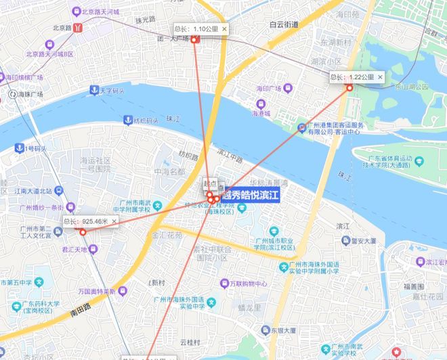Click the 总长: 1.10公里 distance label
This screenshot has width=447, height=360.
click(196, 29)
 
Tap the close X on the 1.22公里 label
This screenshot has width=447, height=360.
click(380, 77)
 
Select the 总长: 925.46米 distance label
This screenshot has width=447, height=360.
click(87, 221)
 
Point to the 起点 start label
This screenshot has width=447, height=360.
click(211, 183)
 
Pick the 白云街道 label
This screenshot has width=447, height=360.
click(284, 24)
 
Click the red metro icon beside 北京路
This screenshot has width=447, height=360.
click(79, 28)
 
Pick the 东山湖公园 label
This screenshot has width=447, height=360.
click(412, 87)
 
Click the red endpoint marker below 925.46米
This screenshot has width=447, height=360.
click(83, 233)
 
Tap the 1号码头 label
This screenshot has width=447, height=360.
click(34, 148)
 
